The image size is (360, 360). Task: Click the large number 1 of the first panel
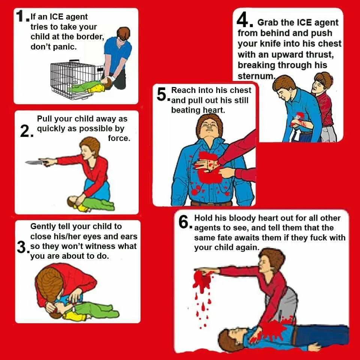[20, 16]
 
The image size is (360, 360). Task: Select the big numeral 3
[22, 247]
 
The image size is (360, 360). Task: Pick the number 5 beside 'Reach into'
[162, 94]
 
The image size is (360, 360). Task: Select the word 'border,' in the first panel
[90, 36]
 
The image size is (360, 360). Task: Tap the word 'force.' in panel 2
[119, 138]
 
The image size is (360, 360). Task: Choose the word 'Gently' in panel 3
[43, 226]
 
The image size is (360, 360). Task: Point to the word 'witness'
[102, 246]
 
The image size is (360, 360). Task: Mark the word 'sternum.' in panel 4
[256, 76]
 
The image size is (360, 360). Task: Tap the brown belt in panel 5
[211, 203]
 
